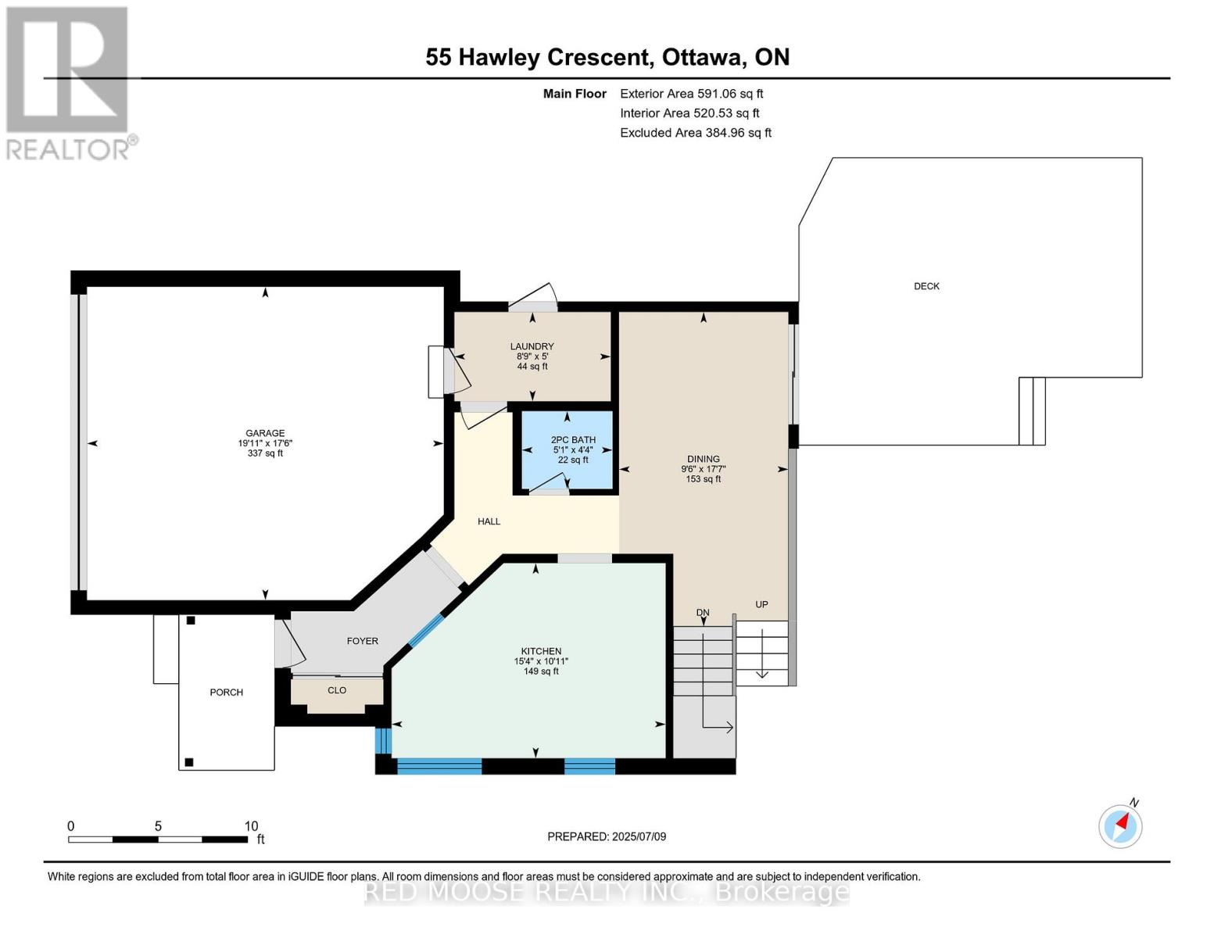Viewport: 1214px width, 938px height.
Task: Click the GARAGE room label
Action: pyautogui.click(x=265, y=433)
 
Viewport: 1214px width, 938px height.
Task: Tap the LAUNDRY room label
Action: pyautogui.click(x=532, y=346)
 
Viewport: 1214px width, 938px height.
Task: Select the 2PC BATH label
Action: pyautogui.click(x=573, y=439)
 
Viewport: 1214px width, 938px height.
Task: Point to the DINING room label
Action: pyautogui.click(x=704, y=459)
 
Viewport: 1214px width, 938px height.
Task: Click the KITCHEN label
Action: pyautogui.click(x=541, y=651)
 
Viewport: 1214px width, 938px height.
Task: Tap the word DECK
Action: pyautogui.click(x=926, y=286)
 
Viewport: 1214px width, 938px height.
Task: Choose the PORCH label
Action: pyautogui.click(x=226, y=693)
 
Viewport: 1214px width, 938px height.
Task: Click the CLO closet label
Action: pyautogui.click(x=337, y=690)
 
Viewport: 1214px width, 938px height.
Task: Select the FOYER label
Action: pyautogui.click(x=363, y=641)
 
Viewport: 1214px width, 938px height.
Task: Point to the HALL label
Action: pyautogui.click(x=489, y=521)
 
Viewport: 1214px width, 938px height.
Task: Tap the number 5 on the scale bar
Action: pyautogui.click(x=158, y=826)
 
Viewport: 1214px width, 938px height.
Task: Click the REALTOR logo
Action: pyautogui.click(x=71, y=83)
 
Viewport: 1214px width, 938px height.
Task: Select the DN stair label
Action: pyautogui.click(x=702, y=612)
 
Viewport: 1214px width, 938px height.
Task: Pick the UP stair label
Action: pyautogui.click(x=761, y=604)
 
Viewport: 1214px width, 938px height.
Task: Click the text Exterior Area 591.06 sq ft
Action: pyautogui.click(x=692, y=94)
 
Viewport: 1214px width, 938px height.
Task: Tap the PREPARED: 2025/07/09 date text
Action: pyautogui.click(x=607, y=836)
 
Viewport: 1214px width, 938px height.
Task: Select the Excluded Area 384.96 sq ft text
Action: pyautogui.click(x=696, y=133)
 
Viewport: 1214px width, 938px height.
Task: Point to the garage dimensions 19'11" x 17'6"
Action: pyautogui.click(x=265, y=443)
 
